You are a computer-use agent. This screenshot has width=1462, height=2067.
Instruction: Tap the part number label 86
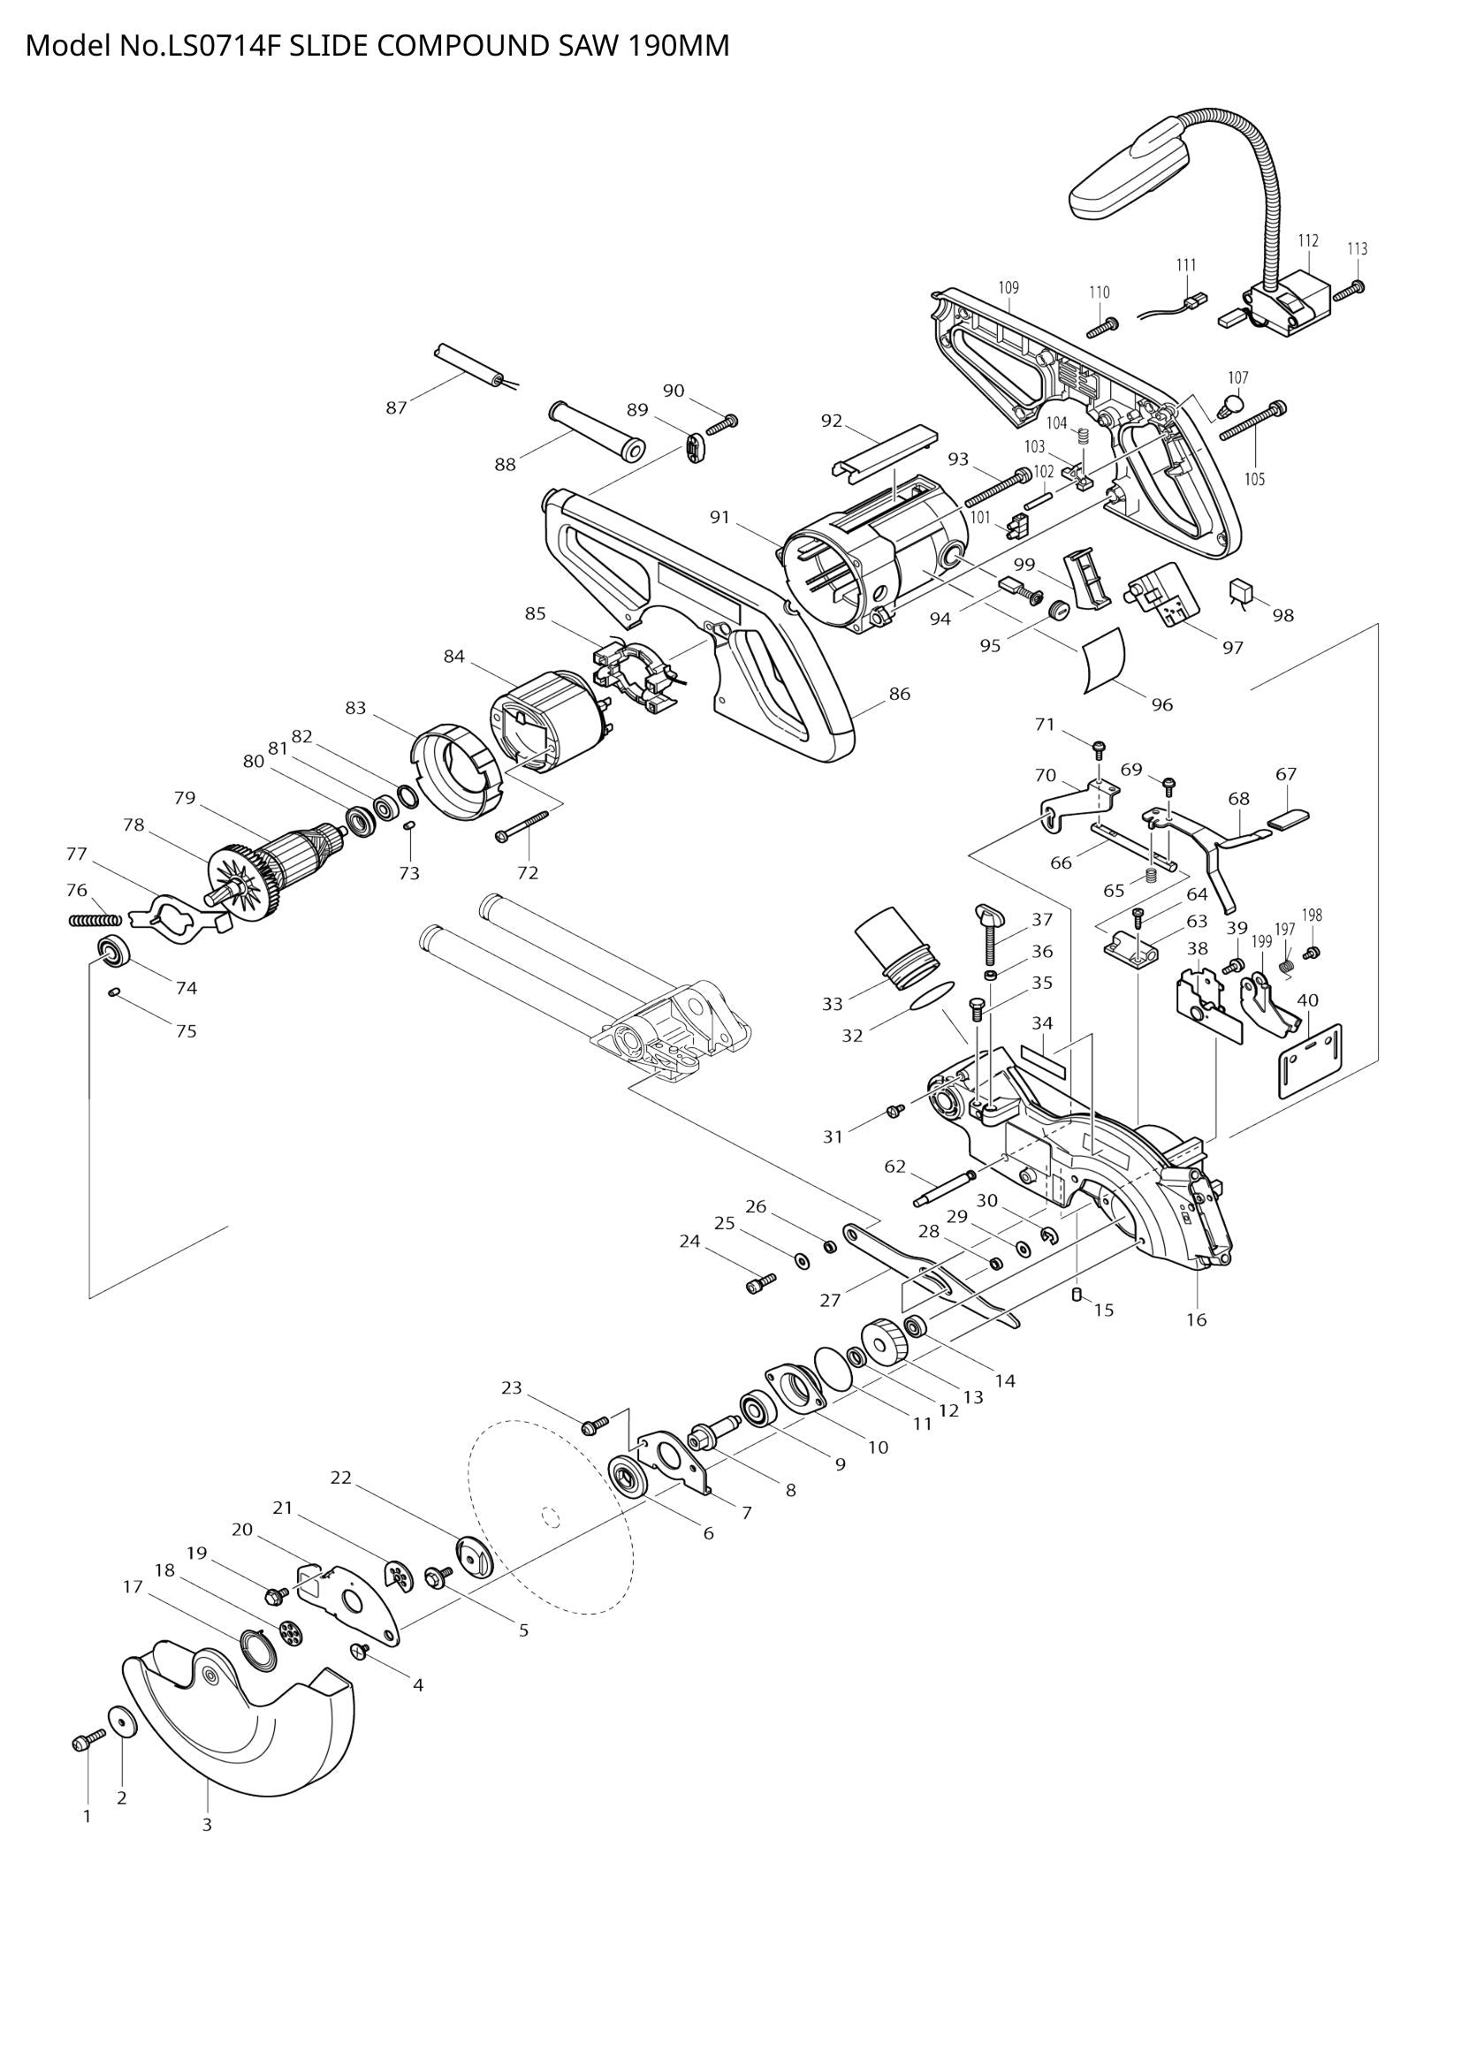click(x=899, y=693)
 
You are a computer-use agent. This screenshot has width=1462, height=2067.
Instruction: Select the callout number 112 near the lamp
click(x=1308, y=240)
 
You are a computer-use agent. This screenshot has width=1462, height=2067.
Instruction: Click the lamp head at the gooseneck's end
click(x=1125, y=171)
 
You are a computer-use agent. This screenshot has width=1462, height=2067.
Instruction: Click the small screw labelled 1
click(x=81, y=1744)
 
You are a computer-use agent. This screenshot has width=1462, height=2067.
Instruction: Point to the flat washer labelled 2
click(x=120, y=1722)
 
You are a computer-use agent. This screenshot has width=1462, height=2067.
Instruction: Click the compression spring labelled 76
click(x=95, y=919)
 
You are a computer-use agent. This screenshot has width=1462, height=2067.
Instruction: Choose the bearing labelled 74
click(x=114, y=952)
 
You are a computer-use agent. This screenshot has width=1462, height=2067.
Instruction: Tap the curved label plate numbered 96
click(x=1103, y=659)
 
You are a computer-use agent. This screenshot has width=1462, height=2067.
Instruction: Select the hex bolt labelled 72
click(x=522, y=825)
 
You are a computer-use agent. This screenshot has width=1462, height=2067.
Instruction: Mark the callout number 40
click(x=1307, y=1000)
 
